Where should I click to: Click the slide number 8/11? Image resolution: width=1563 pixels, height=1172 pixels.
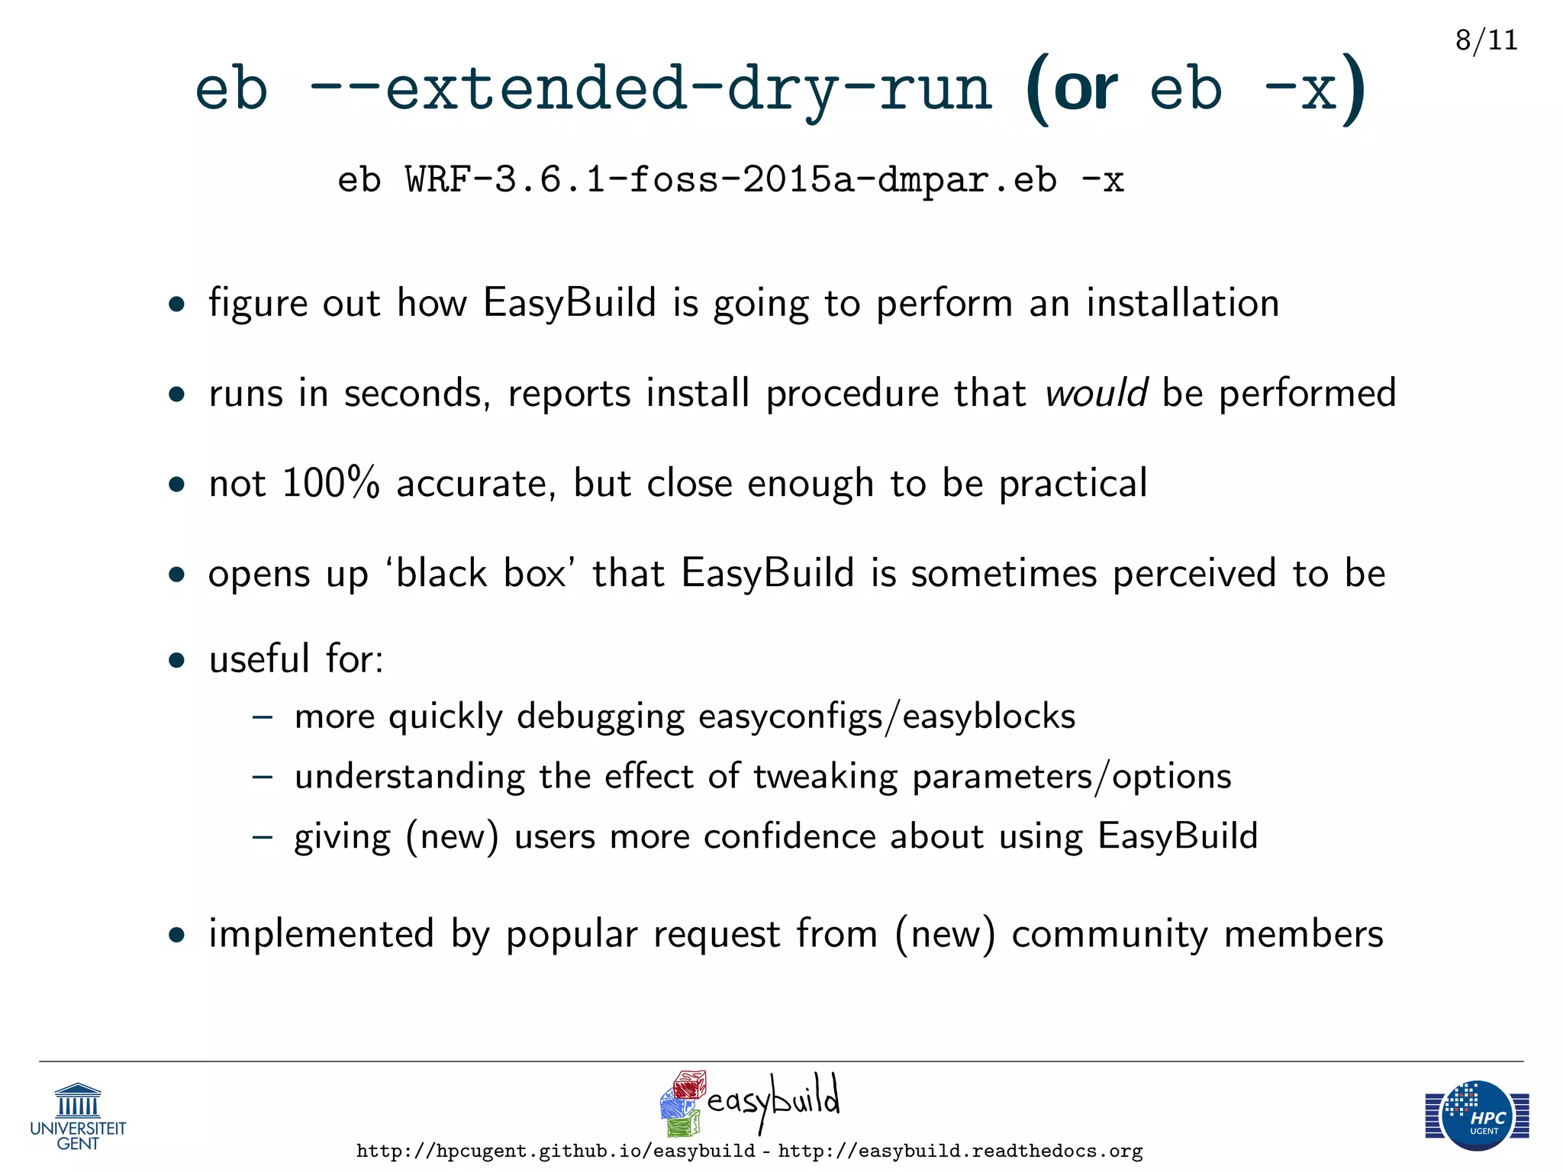point(1486,40)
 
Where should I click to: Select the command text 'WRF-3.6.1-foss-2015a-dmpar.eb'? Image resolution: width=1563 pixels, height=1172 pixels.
point(731,180)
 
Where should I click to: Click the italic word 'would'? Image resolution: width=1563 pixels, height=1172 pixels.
point(1096,394)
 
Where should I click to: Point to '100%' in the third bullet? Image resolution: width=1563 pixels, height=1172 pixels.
point(330,483)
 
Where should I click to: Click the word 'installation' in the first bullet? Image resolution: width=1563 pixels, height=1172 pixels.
point(1182,303)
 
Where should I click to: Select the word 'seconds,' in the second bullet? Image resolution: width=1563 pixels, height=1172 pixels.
point(417,394)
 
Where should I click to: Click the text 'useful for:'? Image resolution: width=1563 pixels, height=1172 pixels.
point(296,658)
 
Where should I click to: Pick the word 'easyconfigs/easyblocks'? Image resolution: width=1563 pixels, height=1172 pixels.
point(886,716)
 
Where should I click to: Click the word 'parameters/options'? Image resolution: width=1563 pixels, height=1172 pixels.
point(1072,777)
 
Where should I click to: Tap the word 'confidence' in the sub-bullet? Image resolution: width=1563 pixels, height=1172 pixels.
point(789,836)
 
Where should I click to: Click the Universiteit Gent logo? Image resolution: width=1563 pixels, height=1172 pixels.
point(78,1116)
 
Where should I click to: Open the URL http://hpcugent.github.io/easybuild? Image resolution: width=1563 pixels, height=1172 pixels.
point(556,1151)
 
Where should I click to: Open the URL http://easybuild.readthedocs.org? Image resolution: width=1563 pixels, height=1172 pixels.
point(960,1151)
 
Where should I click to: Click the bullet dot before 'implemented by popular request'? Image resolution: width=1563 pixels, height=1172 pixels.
point(177,935)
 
